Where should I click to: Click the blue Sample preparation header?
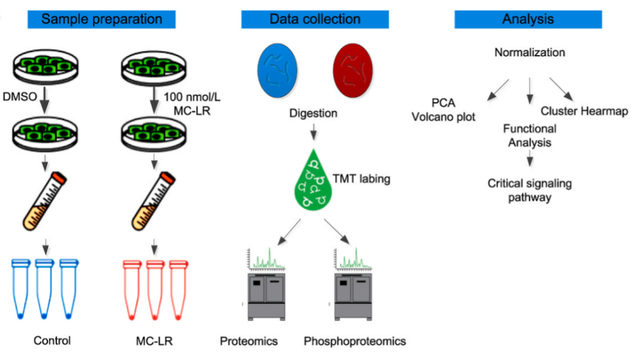(x=102, y=19)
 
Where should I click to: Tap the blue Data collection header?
(x=315, y=19)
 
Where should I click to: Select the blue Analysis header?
(x=528, y=19)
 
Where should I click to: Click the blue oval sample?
(x=278, y=70)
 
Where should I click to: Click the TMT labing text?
(x=361, y=179)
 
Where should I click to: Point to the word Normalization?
(x=529, y=53)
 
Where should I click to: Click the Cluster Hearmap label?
(x=584, y=111)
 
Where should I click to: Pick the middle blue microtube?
(x=44, y=288)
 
